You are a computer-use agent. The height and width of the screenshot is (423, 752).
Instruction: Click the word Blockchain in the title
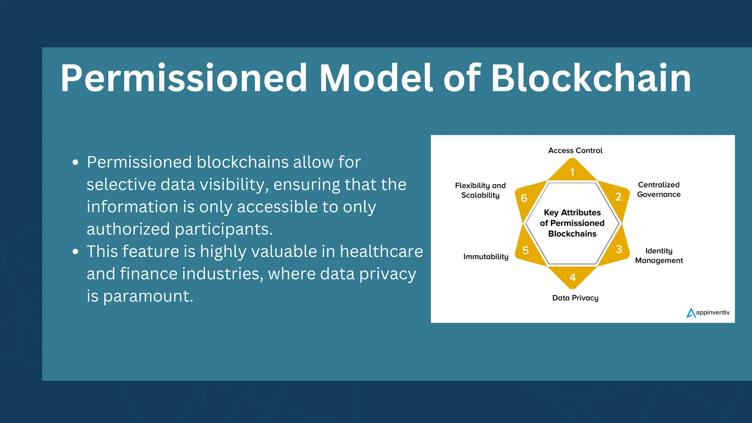[x=591, y=78]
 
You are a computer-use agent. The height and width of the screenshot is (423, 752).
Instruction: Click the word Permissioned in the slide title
[x=184, y=78]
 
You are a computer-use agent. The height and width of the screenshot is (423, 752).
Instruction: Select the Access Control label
[x=575, y=151]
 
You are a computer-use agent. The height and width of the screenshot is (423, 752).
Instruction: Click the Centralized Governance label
[x=658, y=189]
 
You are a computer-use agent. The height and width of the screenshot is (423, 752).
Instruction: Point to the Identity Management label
[x=659, y=256]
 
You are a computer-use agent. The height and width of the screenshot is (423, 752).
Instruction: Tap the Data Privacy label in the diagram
[x=575, y=298]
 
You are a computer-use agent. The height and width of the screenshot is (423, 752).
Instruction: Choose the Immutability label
[x=485, y=257]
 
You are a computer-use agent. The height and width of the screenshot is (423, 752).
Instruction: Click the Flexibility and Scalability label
[x=480, y=190]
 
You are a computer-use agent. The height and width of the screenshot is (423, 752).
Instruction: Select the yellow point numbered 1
[x=572, y=172]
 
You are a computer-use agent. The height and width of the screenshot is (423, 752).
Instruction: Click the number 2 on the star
[x=618, y=197]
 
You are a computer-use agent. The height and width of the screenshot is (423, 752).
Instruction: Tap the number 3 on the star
[x=619, y=249]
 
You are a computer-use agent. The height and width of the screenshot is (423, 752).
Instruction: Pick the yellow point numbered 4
[x=572, y=277]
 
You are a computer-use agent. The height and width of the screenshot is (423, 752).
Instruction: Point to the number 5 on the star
[x=525, y=250]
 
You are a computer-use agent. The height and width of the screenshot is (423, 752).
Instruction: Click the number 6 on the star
[x=524, y=198]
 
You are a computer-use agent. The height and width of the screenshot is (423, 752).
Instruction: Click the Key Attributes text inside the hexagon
[x=572, y=213]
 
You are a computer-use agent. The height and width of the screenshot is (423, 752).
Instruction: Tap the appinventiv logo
[x=708, y=312]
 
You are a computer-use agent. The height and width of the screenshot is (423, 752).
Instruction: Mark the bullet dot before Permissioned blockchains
[x=76, y=162]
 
